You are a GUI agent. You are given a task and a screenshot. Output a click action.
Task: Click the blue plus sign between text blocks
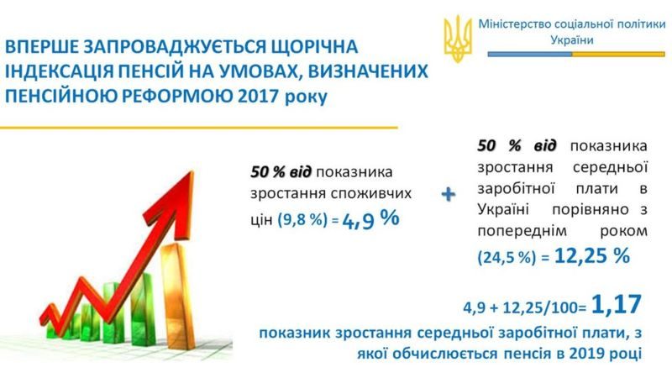(x=449, y=195)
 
